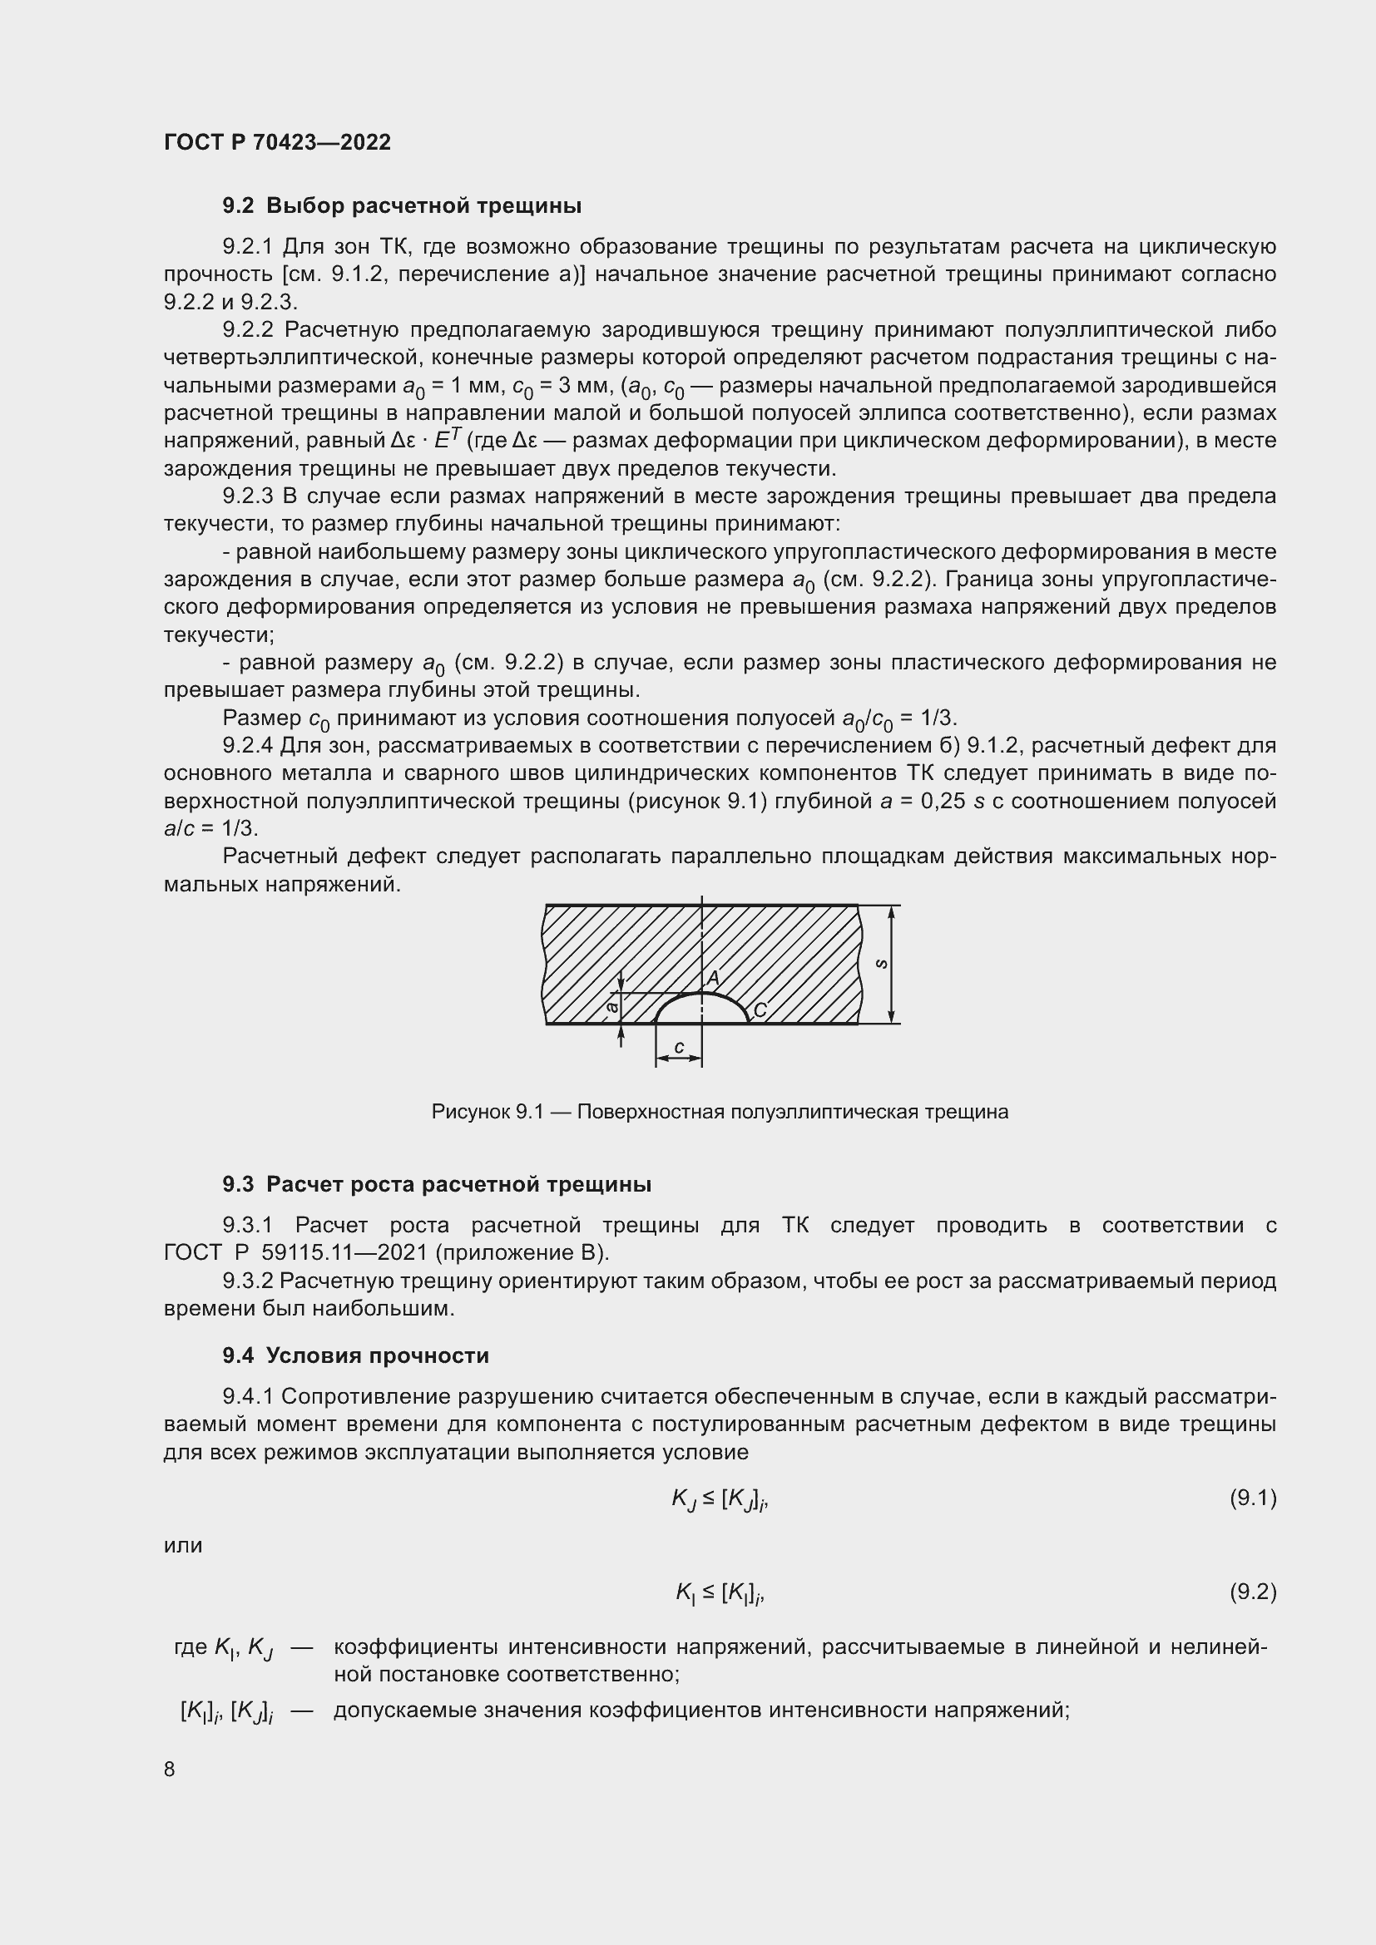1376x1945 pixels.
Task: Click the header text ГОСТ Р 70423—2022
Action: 277,142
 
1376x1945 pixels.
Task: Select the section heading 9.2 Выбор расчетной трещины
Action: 402,206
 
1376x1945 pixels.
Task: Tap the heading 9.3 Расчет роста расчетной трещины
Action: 437,1184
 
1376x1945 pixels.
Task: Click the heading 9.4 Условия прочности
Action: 356,1355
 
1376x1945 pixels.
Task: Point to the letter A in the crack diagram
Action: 714,978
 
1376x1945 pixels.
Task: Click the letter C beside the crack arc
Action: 760,1010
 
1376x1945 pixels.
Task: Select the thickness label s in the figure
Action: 880,964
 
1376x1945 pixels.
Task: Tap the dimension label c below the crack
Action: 679,1047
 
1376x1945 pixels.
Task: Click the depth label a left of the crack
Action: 611,1007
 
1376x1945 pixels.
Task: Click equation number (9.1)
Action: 1252,1498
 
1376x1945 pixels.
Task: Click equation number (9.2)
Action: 1252,1592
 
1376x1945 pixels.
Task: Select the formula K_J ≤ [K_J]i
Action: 720,1499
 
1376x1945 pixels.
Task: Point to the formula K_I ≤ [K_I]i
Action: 720,1593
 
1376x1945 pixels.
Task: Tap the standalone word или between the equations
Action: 183,1545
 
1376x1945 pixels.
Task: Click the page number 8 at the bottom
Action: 170,1769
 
